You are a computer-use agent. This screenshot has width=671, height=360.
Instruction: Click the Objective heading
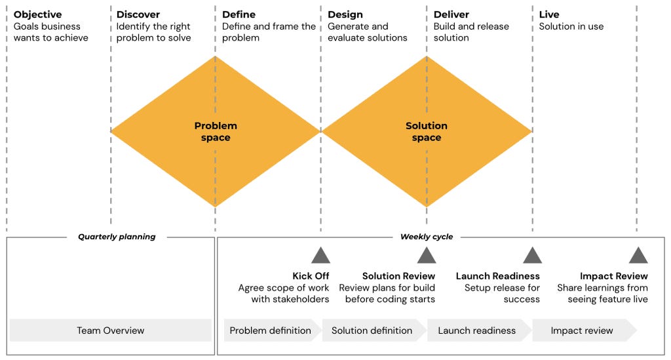[x=37, y=14]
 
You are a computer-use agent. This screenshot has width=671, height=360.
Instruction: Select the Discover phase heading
[x=138, y=14]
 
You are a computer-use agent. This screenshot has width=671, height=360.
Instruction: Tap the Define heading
[x=239, y=14]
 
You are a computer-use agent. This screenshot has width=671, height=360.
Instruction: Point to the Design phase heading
[x=345, y=14]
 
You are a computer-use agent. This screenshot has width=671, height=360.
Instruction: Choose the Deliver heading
[x=451, y=14]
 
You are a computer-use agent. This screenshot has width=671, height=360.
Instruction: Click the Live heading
[x=549, y=14]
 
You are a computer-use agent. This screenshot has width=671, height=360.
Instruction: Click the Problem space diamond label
[x=216, y=131]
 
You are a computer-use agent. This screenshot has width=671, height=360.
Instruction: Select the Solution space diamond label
[x=427, y=131]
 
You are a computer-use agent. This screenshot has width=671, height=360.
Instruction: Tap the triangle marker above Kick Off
[x=320, y=256]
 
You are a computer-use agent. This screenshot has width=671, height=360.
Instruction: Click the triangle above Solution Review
[x=427, y=256]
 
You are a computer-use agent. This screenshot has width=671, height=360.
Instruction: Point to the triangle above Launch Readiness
[x=532, y=256]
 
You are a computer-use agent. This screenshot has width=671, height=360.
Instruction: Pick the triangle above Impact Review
[x=638, y=256]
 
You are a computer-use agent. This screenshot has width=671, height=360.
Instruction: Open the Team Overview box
[x=110, y=330]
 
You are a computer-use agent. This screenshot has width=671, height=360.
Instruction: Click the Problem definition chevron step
[x=271, y=330]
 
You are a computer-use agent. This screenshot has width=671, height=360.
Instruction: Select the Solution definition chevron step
[x=372, y=330]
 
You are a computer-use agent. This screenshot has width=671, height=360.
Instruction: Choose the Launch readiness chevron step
[x=476, y=330]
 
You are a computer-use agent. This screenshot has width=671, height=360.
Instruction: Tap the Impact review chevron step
[x=582, y=330]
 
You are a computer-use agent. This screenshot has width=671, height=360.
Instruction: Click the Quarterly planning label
[x=117, y=237]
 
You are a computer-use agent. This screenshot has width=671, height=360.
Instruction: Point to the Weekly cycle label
[x=427, y=237]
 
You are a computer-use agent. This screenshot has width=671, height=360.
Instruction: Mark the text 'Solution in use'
[x=571, y=27]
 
